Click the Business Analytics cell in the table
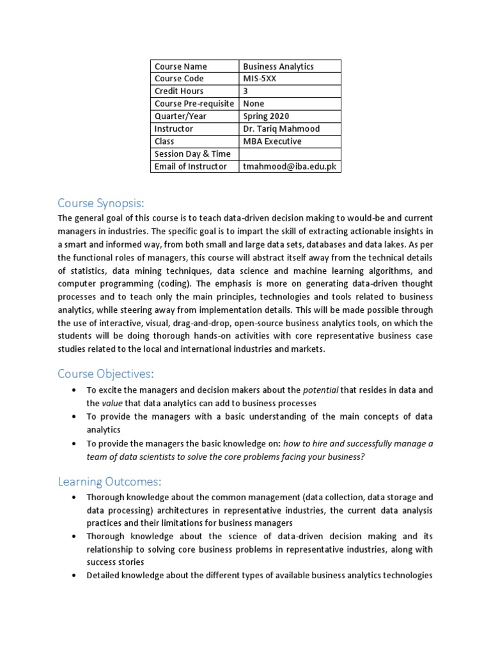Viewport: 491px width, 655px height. [278, 67]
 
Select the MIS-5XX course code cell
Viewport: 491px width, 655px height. [260, 79]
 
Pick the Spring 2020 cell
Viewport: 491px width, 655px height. [266, 116]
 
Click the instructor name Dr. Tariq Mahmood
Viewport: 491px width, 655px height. [281, 129]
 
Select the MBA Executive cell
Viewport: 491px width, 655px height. [272, 141]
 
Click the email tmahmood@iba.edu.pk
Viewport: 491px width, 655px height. [290, 166]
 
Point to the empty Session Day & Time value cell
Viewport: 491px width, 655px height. [290, 154]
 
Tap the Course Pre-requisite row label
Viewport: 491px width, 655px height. [195, 104]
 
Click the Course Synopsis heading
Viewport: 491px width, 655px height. [101, 203]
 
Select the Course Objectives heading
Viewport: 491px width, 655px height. [106, 374]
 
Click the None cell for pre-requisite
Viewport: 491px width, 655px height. [254, 104]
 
